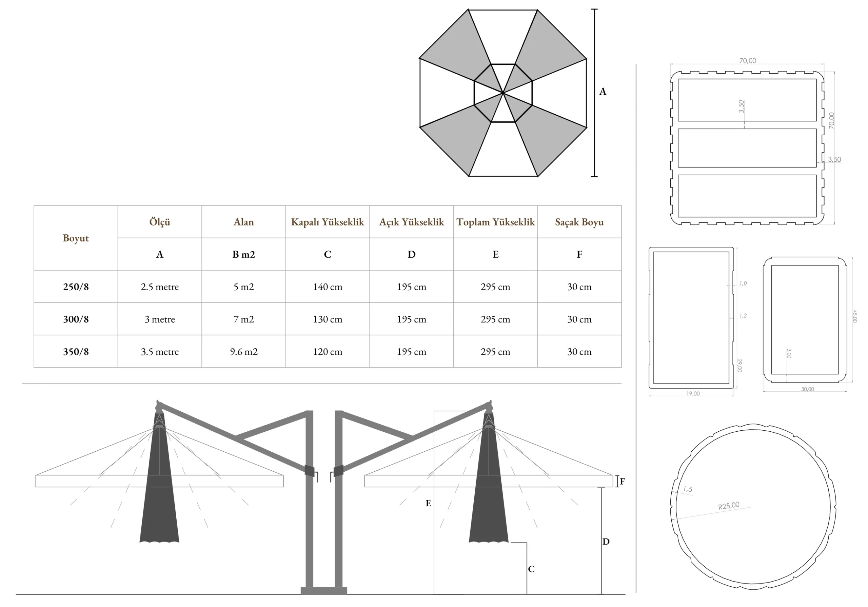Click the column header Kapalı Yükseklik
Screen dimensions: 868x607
tap(328, 222)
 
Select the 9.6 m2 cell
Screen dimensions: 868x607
tap(244, 352)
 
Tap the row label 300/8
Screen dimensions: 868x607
tap(76, 319)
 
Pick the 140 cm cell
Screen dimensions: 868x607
tap(328, 287)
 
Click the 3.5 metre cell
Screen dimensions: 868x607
tap(160, 352)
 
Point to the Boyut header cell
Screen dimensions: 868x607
tap(76, 238)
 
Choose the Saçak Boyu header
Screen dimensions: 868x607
tap(579, 222)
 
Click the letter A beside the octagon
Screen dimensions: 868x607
tap(603, 92)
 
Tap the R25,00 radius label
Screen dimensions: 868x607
tap(729, 506)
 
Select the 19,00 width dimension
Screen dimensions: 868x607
tap(693, 394)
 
